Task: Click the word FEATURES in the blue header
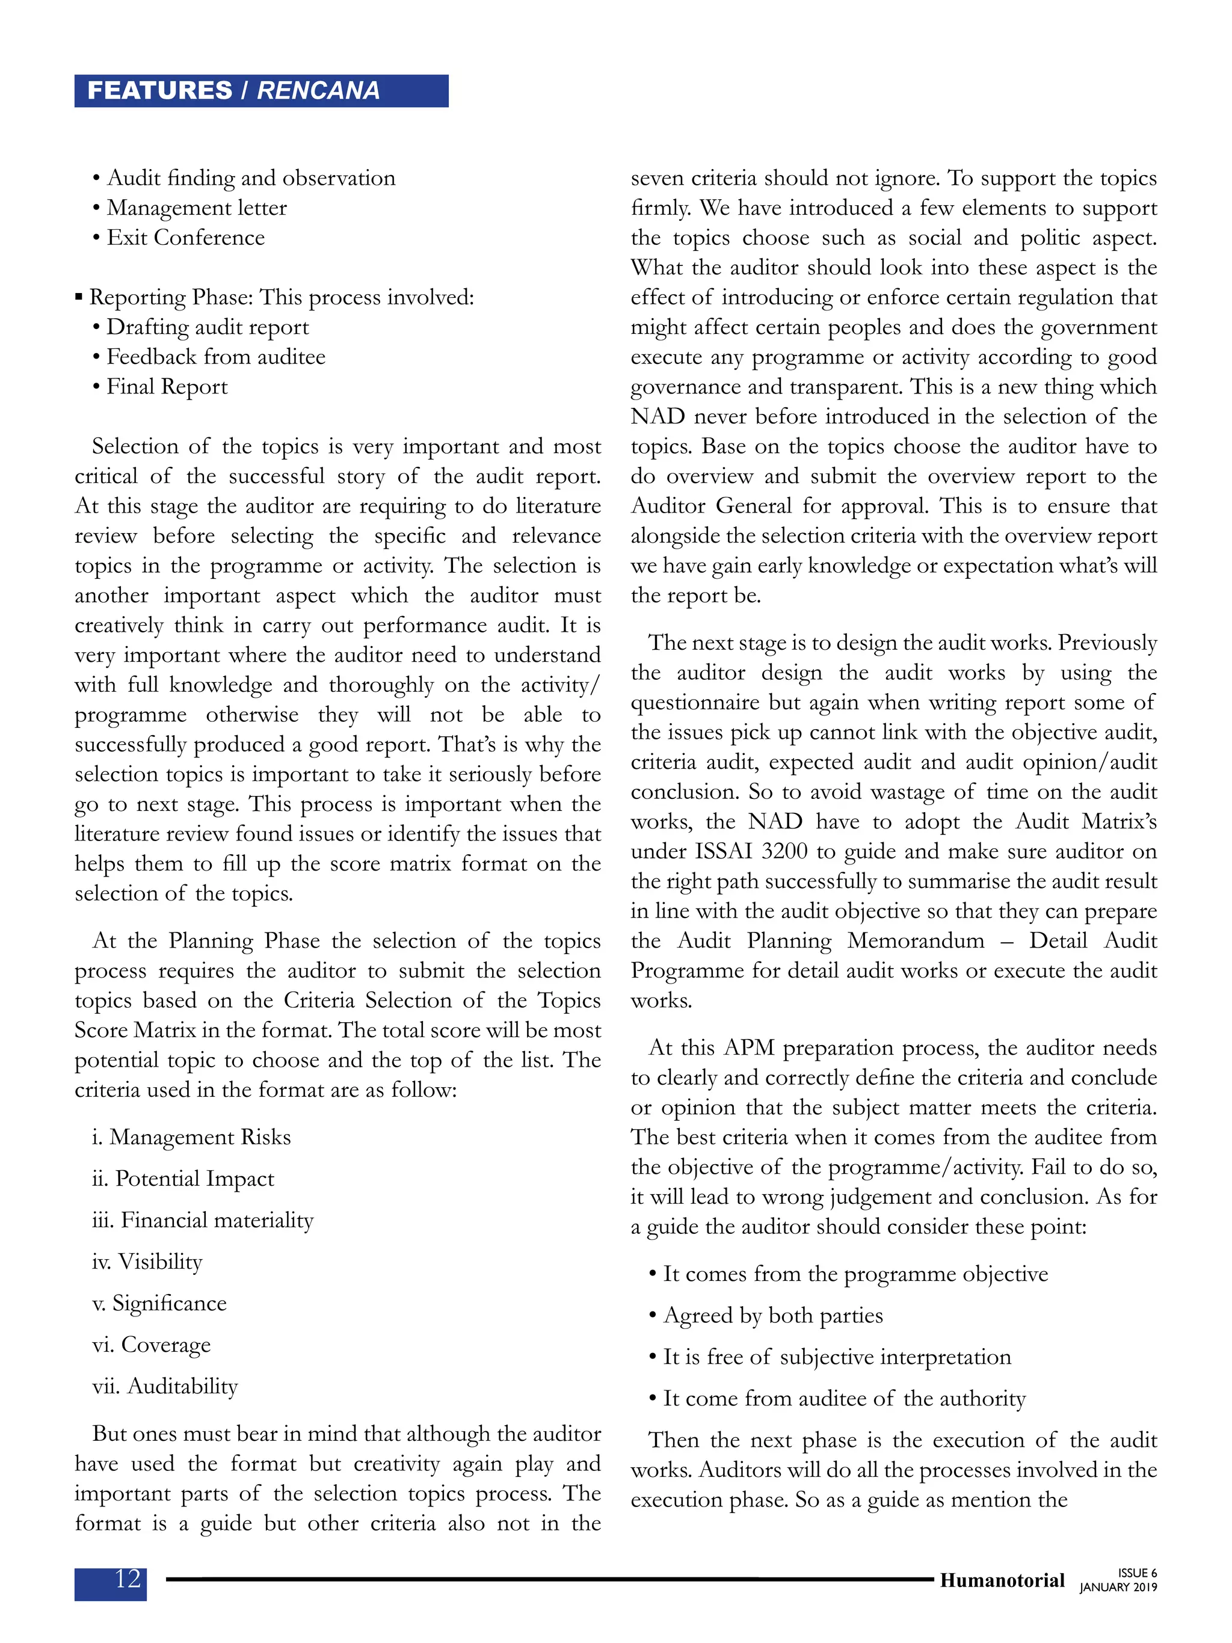point(159,91)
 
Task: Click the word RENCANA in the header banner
point(318,91)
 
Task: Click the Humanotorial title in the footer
point(1002,1580)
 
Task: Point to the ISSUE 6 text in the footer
point(1136,1573)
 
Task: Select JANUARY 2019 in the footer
point(1118,1587)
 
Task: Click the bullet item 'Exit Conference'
point(186,238)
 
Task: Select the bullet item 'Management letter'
point(197,208)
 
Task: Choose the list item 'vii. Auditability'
point(165,1386)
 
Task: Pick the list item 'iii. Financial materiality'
point(203,1219)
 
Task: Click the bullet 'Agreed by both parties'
point(772,1316)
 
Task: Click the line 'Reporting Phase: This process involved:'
point(281,297)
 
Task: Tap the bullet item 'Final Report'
point(167,387)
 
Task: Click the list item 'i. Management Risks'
point(191,1137)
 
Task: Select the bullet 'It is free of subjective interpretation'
point(836,1357)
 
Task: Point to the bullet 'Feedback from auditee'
point(215,357)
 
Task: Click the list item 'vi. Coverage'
point(152,1345)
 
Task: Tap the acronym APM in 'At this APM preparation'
point(748,1048)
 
